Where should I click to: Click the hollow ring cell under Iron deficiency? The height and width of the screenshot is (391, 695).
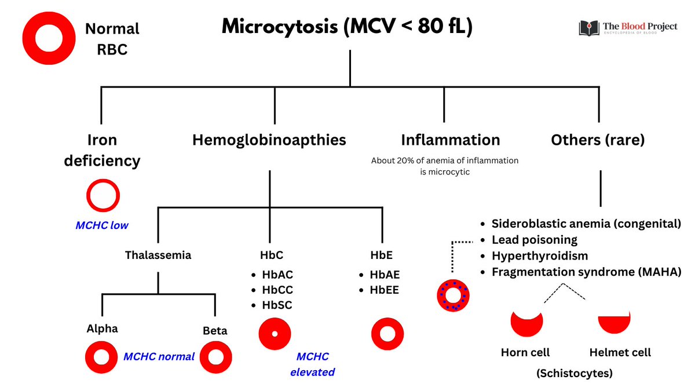[103, 196]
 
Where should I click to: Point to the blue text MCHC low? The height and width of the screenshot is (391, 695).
[102, 225]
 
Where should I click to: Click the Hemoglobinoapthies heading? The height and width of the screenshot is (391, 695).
[269, 140]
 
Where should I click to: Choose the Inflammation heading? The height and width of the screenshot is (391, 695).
[450, 140]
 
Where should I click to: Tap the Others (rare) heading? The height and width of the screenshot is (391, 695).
[598, 140]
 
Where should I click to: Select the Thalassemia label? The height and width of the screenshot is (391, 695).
[158, 255]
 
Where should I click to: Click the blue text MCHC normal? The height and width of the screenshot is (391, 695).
[159, 357]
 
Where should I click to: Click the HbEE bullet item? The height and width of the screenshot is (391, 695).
[385, 290]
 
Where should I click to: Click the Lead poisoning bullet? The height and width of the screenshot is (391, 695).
[534, 240]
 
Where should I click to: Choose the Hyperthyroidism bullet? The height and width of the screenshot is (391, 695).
[539, 255]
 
